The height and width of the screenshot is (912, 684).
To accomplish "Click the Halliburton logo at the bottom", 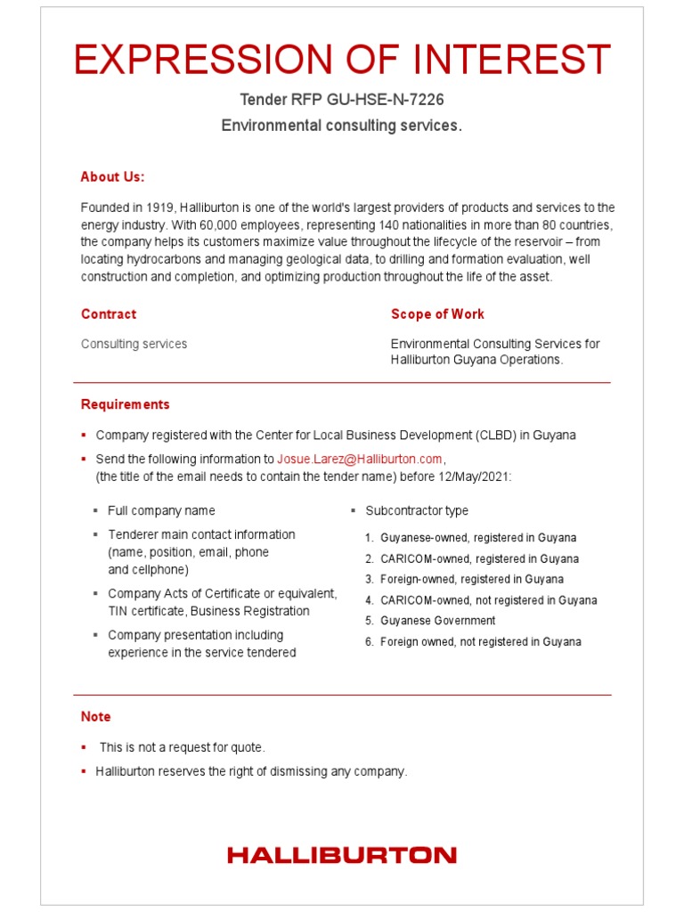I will point(342,855).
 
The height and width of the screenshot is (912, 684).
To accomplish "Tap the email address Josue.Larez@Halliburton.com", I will point(360,459).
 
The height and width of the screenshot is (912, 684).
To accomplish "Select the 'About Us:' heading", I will point(112,176).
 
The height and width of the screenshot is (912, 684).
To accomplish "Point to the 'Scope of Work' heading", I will point(437,313).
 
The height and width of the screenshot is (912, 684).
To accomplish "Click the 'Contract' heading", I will point(109,313).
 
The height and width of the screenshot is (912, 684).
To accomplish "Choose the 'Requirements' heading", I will point(125,404).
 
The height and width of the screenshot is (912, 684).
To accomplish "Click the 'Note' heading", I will point(96,716).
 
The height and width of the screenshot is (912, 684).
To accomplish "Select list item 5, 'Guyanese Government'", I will point(437,621).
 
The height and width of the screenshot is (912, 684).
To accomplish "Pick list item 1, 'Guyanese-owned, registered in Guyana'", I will point(477,538).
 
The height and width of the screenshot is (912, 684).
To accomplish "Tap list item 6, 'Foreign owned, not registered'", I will point(480,641).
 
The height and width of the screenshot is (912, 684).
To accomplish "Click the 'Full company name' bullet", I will point(161,510).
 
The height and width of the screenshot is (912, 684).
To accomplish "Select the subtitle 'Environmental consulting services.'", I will point(342,126).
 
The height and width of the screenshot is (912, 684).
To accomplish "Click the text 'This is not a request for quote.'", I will point(183,747).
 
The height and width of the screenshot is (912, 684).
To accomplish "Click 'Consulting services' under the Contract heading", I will point(134,344).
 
